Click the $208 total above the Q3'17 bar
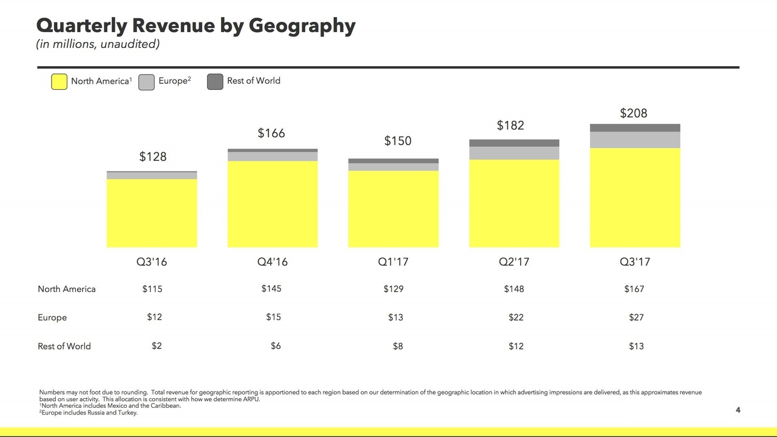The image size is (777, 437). [x=633, y=113]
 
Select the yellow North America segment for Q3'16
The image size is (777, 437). [x=152, y=212]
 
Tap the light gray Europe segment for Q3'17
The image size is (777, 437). [x=635, y=140]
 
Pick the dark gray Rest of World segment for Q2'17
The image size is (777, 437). [x=514, y=143]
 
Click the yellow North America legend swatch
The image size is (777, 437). [x=59, y=82]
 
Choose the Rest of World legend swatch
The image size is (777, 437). [x=215, y=82]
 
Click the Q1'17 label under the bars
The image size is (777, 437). [x=393, y=262]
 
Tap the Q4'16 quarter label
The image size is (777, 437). [x=272, y=262]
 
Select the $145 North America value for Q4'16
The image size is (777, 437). [x=271, y=288]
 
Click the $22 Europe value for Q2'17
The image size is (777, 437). [x=515, y=317]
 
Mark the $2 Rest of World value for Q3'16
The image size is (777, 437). [x=157, y=345]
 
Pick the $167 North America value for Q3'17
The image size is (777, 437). [x=634, y=289]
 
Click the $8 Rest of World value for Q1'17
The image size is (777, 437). [x=398, y=346]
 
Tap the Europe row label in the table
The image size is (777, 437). [x=52, y=317]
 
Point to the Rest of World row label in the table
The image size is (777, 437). [x=64, y=346]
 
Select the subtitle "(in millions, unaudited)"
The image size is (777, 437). [x=98, y=44]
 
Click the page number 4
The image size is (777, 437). [x=738, y=410]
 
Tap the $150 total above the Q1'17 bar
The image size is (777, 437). [x=398, y=141]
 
